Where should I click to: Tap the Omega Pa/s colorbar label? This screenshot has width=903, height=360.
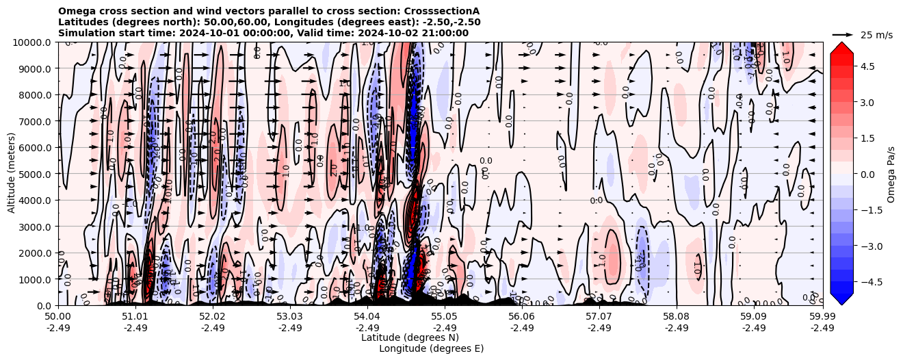pyautogui.click(x=891, y=174)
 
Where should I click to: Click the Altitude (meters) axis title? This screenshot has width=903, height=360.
pyautogui.click(x=12, y=174)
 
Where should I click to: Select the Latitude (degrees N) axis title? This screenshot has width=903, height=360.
pyautogui.click(x=410, y=337)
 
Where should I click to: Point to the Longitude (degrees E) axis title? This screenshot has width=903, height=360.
pyautogui.click(x=431, y=348)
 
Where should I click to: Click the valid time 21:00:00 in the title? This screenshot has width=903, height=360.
pyautogui.click(x=444, y=33)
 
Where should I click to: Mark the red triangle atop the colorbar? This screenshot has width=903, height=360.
pyautogui.click(x=841, y=47)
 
